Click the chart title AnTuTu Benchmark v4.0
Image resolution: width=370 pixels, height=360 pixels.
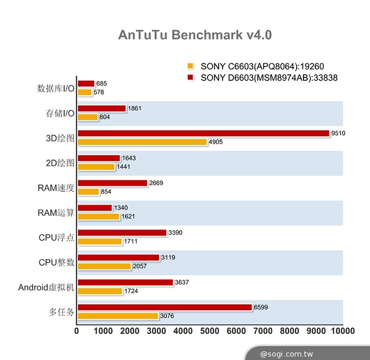[x=195, y=35]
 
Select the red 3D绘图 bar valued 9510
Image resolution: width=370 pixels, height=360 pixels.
[x=202, y=133]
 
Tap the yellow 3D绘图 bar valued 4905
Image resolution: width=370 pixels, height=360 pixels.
[x=142, y=142]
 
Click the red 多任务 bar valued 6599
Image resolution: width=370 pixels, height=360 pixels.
[x=164, y=307]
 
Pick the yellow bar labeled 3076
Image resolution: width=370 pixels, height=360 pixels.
[x=117, y=316]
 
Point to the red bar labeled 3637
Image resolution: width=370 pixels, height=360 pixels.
[x=125, y=283]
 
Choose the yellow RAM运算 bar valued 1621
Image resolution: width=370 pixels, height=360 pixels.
[x=98, y=217]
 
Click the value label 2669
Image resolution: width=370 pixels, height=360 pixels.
[x=157, y=183]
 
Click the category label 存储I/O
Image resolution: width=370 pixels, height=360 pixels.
[x=60, y=113]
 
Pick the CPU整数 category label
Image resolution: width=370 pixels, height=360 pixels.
[x=57, y=262]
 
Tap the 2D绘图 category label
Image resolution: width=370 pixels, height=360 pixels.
[x=60, y=163]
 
